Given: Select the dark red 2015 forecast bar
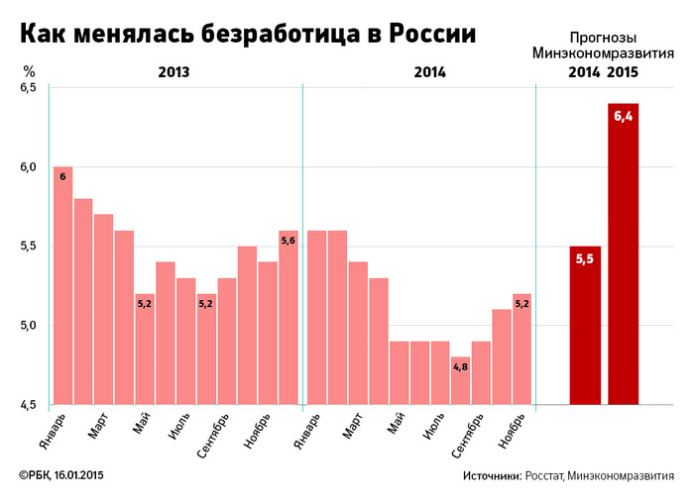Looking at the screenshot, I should click(623, 253).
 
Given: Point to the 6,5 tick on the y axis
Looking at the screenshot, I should click(28, 88).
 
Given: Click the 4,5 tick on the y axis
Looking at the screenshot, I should click(28, 404).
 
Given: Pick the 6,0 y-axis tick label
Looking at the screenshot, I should click(28, 167).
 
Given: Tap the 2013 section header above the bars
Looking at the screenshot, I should click(173, 72).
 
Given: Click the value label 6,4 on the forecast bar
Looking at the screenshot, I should click(623, 117).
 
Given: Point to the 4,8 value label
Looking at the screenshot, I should click(460, 366).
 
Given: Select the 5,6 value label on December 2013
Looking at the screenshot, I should click(289, 240).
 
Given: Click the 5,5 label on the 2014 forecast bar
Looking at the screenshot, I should click(585, 259).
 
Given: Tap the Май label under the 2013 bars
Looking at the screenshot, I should click(141, 428).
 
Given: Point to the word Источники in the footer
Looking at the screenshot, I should click(491, 476).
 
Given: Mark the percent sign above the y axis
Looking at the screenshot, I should click(30, 71).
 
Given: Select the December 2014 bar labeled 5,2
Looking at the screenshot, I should click(521, 349).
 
